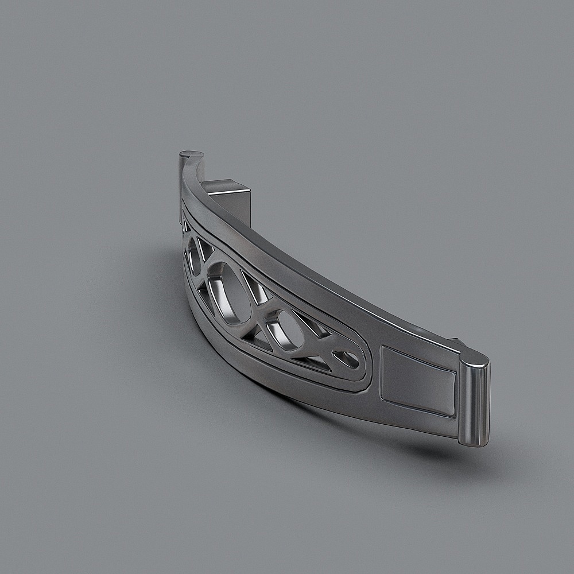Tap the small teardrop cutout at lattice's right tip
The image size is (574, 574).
click(x=346, y=359)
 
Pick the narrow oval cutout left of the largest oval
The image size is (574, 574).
click(x=194, y=255)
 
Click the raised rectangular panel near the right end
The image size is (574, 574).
click(x=417, y=382)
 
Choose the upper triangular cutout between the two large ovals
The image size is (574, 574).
click(x=254, y=287)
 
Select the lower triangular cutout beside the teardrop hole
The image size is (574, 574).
click(x=315, y=362)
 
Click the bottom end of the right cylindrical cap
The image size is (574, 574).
click(x=474, y=442)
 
